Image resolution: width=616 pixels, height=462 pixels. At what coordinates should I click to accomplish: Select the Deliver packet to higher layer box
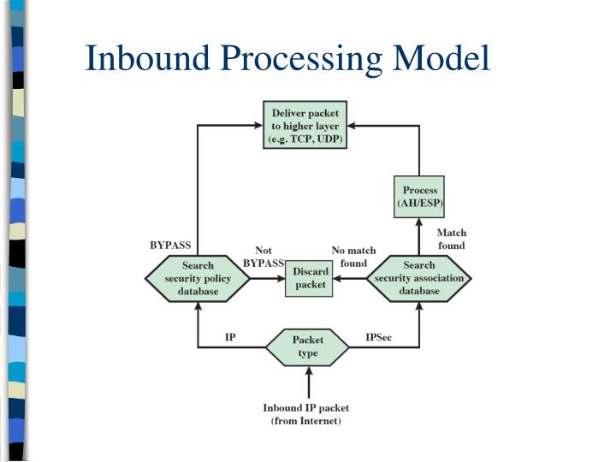pyautogui.click(x=305, y=125)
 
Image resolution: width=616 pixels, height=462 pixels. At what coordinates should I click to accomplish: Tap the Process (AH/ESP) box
pyautogui.click(x=419, y=197)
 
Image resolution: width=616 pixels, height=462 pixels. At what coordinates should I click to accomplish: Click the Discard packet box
pyautogui.click(x=311, y=278)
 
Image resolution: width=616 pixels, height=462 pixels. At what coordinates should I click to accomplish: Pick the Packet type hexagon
pyautogui.click(x=307, y=346)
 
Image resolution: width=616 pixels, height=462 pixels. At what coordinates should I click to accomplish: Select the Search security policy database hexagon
pyautogui.click(x=198, y=278)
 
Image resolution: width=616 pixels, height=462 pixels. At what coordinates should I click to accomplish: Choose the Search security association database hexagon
pyautogui.click(x=419, y=278)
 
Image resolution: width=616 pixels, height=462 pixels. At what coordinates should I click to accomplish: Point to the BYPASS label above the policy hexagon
pyautogui.click(x=170, y=246)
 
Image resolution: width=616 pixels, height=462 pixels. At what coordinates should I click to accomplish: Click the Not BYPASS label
pyautogui.click(x=264, y=257)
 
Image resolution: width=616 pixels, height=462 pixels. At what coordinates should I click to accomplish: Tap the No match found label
pyautogui.click(x=353, y=257)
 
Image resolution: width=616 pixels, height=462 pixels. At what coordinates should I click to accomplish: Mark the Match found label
pyautogui.click(x=451, y=239)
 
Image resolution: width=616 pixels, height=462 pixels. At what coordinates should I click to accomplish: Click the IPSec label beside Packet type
pyautogui.click(x=379, y=338)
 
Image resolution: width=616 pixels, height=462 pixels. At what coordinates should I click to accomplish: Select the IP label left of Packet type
pyautogui.click(x=230, y=338)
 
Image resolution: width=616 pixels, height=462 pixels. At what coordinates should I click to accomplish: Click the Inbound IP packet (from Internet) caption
pyautogui.click(x=306, y=414)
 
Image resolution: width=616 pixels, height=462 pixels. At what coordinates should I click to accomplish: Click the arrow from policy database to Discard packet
pyautogui.click(x=267, y=279)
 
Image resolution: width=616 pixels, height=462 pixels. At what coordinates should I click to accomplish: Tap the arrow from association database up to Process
pyautogui.click(x=419, y=236)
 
